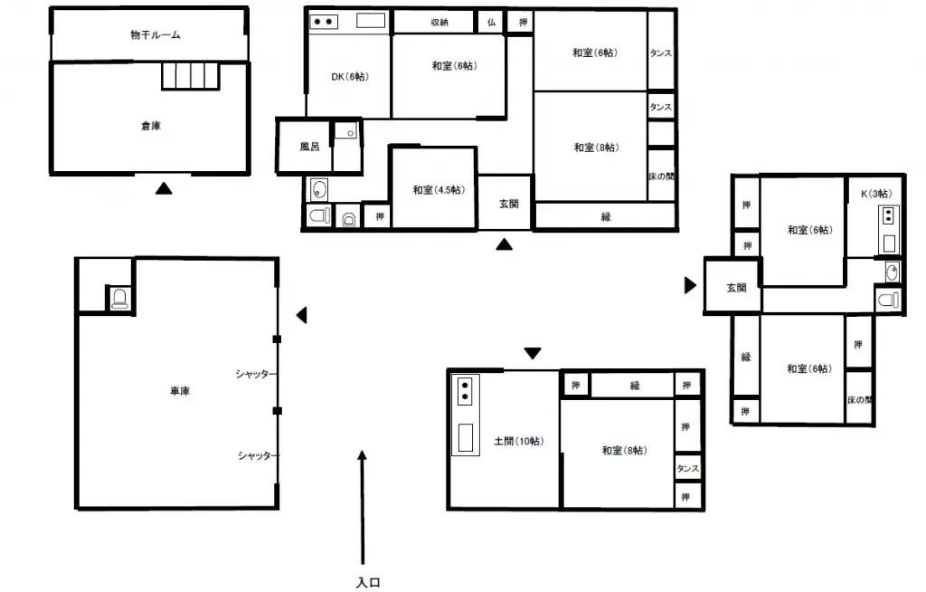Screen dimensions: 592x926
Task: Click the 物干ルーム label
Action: click(x=156, y=35)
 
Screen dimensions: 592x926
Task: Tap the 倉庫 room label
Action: click(x=151, y=126)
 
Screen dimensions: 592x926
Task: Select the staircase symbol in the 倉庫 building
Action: click(x=191, y=75)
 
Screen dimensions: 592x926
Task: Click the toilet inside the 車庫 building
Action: click(x=118, y=299)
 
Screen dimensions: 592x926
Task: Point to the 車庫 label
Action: click(x=180, y=391)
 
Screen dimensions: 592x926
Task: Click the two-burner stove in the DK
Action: click(x=324, y=22)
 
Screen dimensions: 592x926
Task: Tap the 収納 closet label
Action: click(x=439, y=22)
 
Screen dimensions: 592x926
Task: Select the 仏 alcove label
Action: click(x=491, y=22)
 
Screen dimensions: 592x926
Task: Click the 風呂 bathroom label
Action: click(x=309, y=146)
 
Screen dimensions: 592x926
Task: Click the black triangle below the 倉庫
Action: click(x=163, y=188)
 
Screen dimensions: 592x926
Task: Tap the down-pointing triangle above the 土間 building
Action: click(x=532, y=352)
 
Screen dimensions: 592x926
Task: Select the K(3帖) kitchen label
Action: click(x=875, y=193)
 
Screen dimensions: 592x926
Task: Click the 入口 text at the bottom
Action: click(x=367, y=583)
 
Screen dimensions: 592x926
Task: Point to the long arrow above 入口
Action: click(x=363, y=507)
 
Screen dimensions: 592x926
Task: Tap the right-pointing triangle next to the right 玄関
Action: click(x=690, y=286)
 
